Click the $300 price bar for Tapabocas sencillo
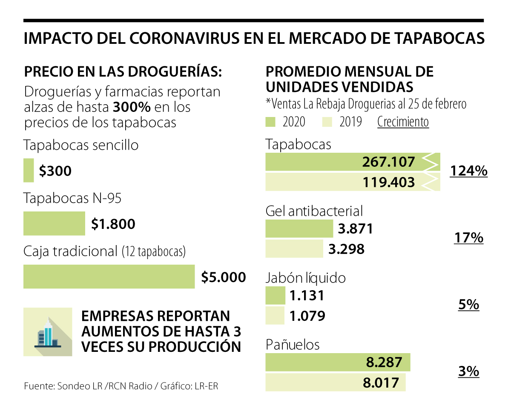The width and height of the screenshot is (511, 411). (x=29, y=170)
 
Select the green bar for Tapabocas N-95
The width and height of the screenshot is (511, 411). (x=54, y=223)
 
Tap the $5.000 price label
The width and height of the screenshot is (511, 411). (x=224, y=277)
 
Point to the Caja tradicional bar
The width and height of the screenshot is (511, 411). (x=109, y=277)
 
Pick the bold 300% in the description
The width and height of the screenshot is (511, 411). (x=131, y=107)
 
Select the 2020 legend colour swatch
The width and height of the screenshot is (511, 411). (x=271, y=122)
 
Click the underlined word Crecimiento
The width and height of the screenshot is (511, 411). (x=403, y=122)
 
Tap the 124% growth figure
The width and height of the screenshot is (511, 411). (x=468, y=171)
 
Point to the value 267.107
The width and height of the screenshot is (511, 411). (x=388, y=162)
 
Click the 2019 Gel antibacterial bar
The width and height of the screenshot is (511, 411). (x=294, y=248)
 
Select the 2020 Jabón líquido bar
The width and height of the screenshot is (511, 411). (x=275, y=295)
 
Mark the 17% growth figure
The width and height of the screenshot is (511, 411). (x=468, y=237)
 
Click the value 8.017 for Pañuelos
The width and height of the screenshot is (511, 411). (x=381, y=382)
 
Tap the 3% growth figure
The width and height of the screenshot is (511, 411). (x=468, y=371)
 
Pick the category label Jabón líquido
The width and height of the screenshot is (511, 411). (x=305, y=278)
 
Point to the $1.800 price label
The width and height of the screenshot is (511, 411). (x=113, y=224)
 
